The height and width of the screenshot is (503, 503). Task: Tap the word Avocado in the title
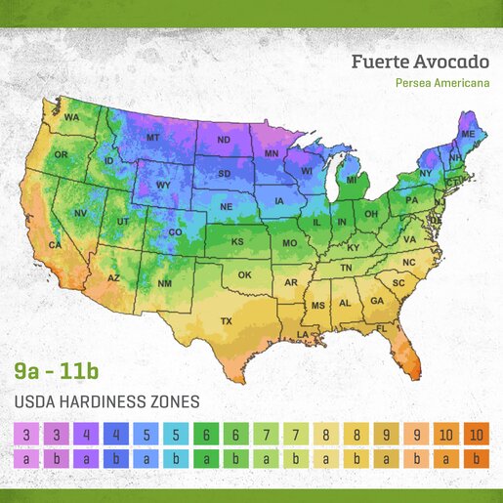pyautogui.click(x=453, y=63)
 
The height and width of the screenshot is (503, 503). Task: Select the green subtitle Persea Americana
pyautogui.click(x=442, y=83)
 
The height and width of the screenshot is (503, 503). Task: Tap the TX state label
pyautogui.click(x=226, y=321)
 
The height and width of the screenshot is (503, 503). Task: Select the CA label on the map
pyautogui.click(x=55, y=246)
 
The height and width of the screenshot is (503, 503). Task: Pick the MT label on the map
pyautogui.click(x=152, y=139)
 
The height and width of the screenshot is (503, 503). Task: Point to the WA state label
pyautogui.click(x=71, y=118)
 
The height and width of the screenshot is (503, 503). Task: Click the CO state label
pyautogui.click(x=176, y=232)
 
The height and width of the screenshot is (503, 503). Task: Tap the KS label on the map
pyautogui.click(x=236, y=241)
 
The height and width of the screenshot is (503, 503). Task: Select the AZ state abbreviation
pyautogui.click(x=113, y=278)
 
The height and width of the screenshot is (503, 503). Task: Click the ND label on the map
pyautogui.click(x=223, y=140)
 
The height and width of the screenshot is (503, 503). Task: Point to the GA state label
pyautogui.click(x=376, y=301)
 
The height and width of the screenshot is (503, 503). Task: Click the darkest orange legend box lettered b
pyautogui.click(x=477, y=458)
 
